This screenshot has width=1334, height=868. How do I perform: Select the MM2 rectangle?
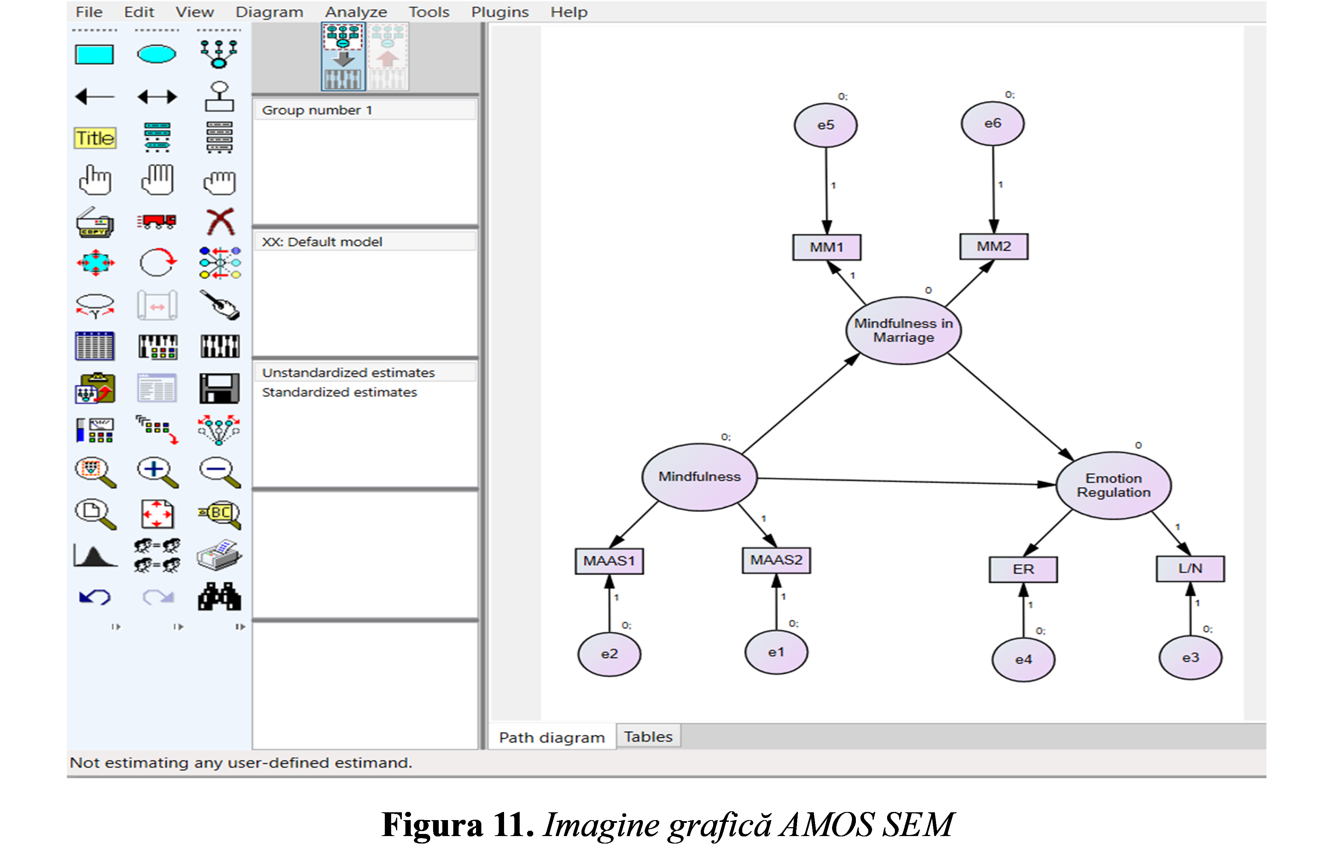pos(994,247)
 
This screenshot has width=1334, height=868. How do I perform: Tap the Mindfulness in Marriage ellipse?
pos(903,331)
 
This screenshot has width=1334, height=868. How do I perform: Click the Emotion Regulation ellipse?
pos(1113,485)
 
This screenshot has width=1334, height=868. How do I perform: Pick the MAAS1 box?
pos(609,561)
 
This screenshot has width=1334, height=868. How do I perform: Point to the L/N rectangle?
pos(1190,569)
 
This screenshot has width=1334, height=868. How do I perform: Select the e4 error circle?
pos(1023,660)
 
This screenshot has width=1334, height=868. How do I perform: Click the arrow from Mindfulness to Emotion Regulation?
pos(906,481)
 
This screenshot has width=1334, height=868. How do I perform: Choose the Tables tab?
pos(649,736)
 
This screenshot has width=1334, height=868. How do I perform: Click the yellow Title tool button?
pos(95,138)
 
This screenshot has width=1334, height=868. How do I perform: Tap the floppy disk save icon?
pos(220,388)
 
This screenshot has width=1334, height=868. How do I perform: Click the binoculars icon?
pos(220,596)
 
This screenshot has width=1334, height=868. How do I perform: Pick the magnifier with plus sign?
pos(158,472)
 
